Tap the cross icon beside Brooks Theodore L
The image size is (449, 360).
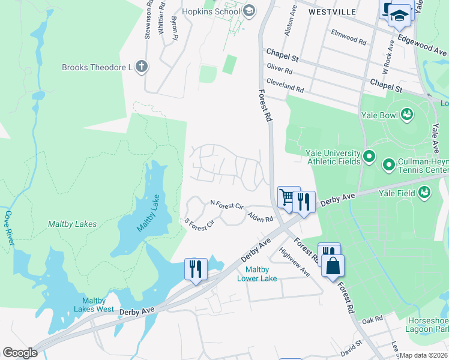141,67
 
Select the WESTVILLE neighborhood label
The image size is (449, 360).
332,11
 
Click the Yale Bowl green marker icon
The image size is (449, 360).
408,113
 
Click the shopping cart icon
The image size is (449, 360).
288,197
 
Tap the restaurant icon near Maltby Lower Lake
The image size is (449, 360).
196,268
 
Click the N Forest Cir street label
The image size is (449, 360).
226,205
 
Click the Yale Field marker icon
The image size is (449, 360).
425,192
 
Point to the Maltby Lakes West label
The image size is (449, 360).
94,305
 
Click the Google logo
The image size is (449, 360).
20,353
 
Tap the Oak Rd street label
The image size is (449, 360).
372,319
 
